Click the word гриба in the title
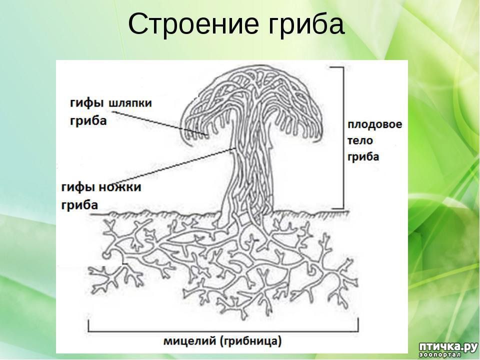coord(306,25)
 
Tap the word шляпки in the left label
coord(130,103)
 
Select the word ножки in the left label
coord(121,186)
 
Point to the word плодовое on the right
coord(374,125)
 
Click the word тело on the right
coord(360,140)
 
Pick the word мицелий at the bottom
coord(190,340)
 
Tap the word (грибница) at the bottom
coord(250,341)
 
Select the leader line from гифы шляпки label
coord(159,123)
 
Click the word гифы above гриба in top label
coord(86,103)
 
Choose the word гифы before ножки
coord(80,187)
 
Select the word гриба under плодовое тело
coord(363,156)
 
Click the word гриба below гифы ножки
coord(79,204)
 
